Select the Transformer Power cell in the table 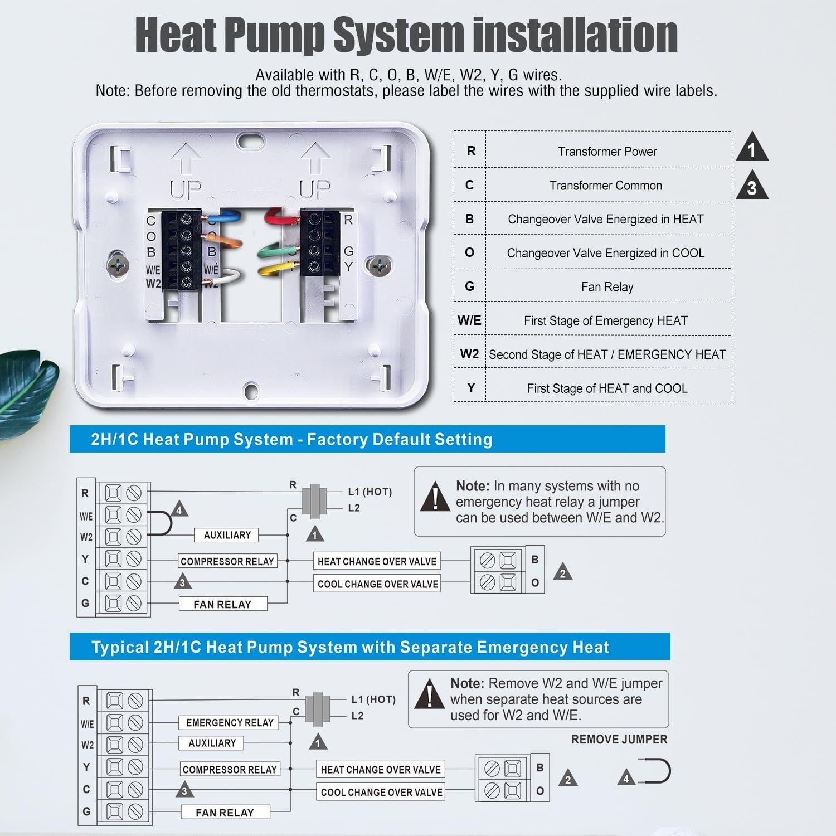pyautogui.click(x=607, y=152)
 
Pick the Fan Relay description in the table pyautogui.click(x=607, y=287)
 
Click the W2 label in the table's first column pyautogui.click(x=469, y=354)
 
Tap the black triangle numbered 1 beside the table pyautogui.click(x=752, y=148)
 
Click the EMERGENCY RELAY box pyautogui.click(x=230, y=723)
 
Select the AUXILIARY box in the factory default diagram pyautogui.click(x=227, y=535)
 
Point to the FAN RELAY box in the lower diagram pyautogui.click(x=225, y=813)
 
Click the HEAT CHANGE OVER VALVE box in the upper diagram pyautogui.click(x=377, y=561)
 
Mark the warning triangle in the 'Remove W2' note pyautogui.click(x=429, y=694)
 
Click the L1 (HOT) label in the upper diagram pyautogui.click(x=370, y=492)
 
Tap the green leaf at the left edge pyautogui.click(x=25, y=390)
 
